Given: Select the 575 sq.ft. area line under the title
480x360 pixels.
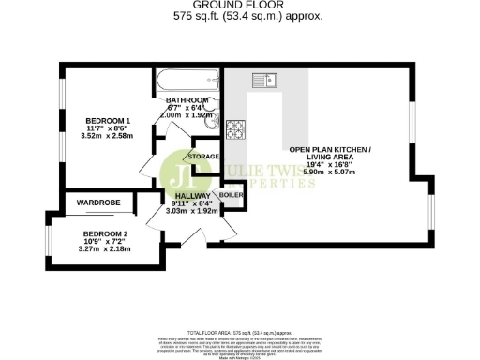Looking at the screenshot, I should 240,17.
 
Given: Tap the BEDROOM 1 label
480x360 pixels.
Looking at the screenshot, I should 108,121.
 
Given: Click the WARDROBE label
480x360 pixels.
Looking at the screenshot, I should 96,200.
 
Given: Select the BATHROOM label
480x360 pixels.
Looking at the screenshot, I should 187,99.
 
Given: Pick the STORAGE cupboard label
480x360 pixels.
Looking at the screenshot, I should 203,157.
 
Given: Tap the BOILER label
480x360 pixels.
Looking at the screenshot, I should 232,196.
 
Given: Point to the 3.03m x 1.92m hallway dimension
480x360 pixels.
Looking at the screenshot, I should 191,211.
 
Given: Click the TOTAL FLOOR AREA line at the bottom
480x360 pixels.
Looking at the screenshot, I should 240,333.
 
